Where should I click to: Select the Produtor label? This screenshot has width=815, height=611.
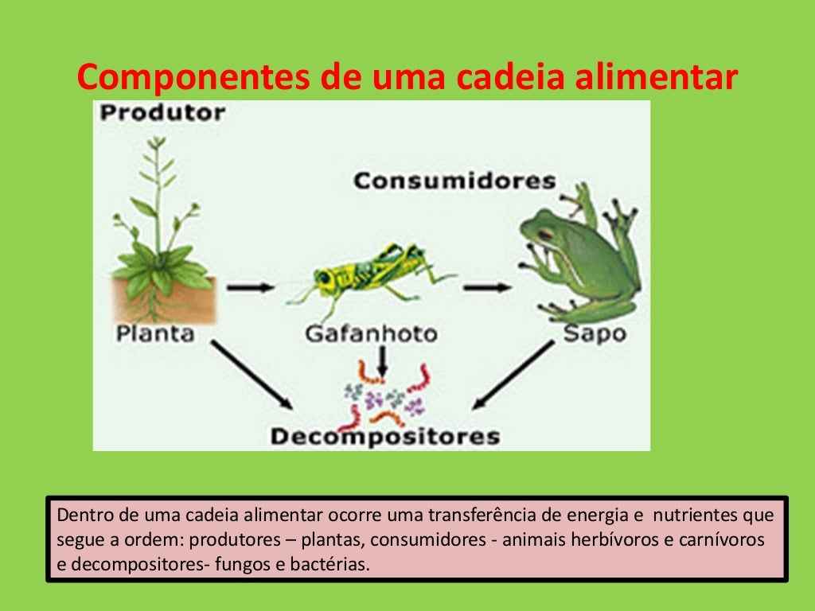162,113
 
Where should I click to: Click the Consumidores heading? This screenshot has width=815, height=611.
454,181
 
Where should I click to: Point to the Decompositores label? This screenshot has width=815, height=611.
385,436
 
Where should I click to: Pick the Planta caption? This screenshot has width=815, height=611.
155,333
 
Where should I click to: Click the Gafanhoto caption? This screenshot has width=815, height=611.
371,333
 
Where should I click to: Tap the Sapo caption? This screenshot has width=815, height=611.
595,333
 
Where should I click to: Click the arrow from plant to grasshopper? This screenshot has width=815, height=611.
250,286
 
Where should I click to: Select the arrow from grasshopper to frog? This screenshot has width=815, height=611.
486,286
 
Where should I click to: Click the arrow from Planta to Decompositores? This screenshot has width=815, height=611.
252,374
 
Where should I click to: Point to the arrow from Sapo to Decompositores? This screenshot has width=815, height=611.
513,375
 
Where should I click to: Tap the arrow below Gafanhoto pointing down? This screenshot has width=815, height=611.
383,361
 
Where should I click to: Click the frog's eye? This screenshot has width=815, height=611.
545,234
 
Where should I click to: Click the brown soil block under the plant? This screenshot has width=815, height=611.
164,300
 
